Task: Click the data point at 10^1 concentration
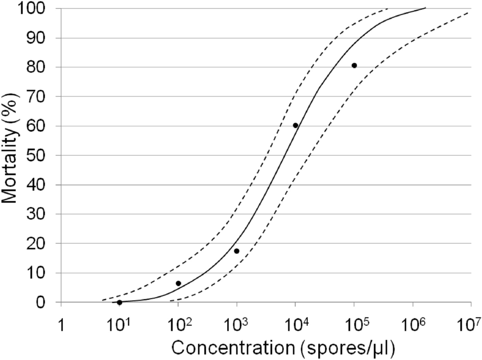click(x=119, y=302)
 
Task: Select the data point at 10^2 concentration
click(x=178, y=283)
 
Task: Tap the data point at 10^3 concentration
click(x=236, y=251)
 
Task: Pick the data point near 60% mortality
click(x=295, y=125)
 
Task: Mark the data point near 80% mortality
click(x=354, y=65)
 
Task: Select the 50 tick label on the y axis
click(x=41, y=155)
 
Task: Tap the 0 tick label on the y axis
click(x=46, y=302)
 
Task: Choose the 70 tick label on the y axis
click(x=41, y=97)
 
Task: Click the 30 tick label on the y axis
click(x=41, y=214)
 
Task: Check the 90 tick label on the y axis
click(x=41, y=38)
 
